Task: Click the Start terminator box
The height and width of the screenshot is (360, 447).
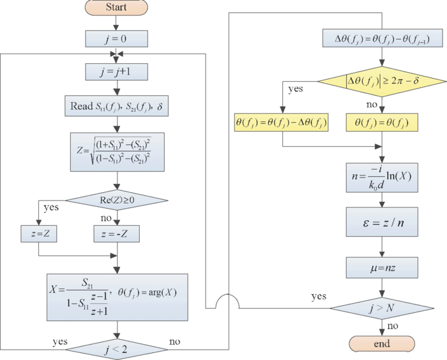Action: [116, 8]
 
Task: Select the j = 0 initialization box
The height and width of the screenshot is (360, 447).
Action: [116, 38]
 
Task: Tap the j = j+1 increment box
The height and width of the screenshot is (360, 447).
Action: [116, 70]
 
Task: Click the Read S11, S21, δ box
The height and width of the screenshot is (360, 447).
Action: [116, 105]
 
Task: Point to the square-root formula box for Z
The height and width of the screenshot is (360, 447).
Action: [116, 151]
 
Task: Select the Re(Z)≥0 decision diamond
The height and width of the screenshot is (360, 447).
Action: [116, 200]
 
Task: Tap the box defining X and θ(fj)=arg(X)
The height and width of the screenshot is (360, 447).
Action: [116, 297]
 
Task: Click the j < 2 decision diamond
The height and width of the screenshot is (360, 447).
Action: [116, 349]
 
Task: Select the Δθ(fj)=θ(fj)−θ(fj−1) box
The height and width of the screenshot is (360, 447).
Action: [381, 40]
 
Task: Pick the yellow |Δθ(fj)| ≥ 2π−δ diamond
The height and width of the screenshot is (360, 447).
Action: [381, 81]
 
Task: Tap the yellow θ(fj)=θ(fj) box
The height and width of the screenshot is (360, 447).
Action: [381, 121]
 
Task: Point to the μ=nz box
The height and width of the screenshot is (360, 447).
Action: [381, 267]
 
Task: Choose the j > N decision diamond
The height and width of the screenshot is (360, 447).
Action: [381, 308]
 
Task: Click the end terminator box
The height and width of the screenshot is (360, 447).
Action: [381, 344]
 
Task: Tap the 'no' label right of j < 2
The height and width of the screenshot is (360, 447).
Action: [174, 341]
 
